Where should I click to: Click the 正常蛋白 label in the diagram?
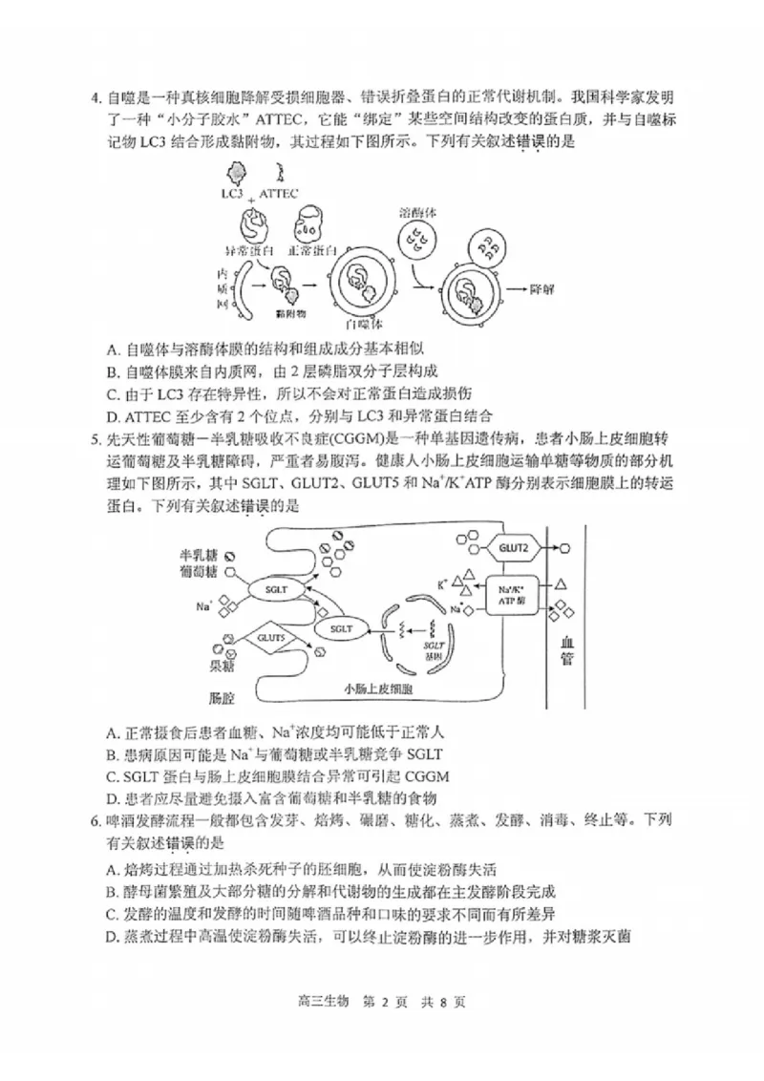pos(317,250)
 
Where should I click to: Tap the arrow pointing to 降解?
pos(517,286)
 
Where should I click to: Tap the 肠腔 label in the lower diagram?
pos(222,698)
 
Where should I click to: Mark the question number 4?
pos(95,98)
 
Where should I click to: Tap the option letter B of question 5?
pos(113,754)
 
